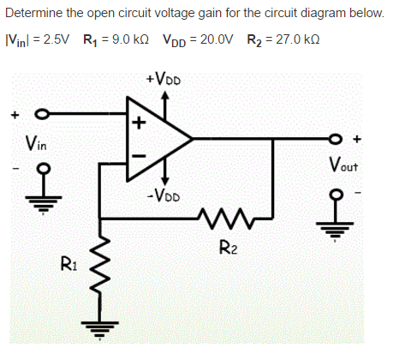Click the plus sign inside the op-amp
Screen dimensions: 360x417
[137, 121]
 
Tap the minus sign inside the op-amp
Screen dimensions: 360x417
[137, 155]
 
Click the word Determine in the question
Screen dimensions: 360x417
[33, 14]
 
